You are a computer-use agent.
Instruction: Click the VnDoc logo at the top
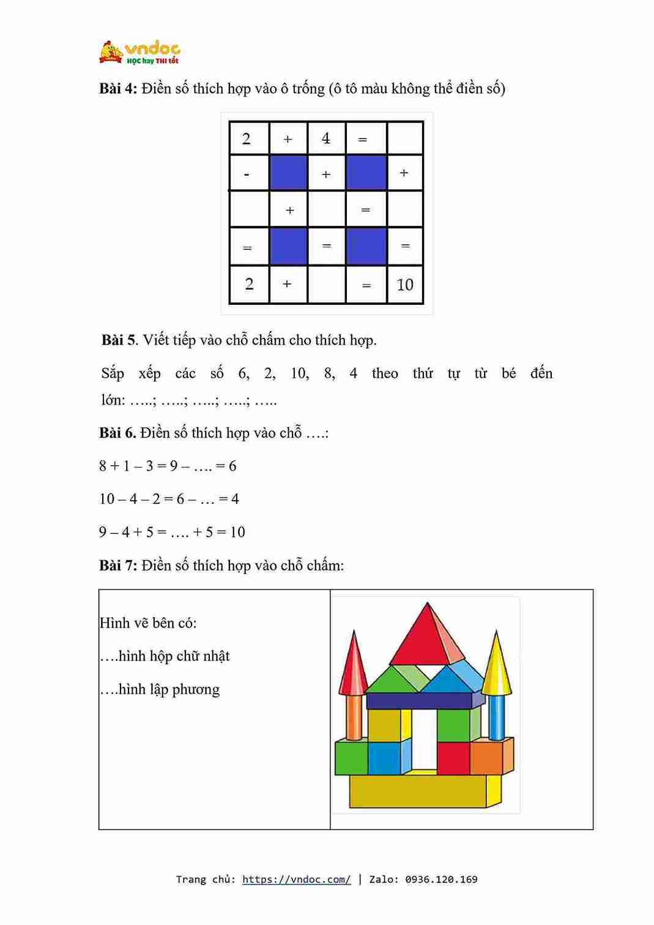[139, 53]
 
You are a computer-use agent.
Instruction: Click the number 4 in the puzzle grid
[326, 138]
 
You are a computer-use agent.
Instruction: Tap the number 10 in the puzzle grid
[405, 285]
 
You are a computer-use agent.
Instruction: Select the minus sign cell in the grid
[247, 174]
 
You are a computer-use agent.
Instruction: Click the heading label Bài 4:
[118, 89]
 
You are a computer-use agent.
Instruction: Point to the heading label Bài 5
[119, 340]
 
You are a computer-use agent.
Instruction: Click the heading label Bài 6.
[117, 433]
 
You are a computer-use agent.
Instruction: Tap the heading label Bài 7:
[118, 566]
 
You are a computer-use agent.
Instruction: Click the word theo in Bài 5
[385, 373]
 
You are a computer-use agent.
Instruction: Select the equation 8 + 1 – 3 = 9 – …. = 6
[168, 466]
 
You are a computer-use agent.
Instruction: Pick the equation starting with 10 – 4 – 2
[169, 500]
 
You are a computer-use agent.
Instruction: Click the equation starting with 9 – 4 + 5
[172, 533]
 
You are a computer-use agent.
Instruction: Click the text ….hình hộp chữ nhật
[165, 656]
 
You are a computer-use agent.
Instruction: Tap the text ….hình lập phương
[160, 689]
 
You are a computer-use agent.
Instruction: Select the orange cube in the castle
[487, 757]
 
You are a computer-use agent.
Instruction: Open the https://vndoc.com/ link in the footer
[296, 880]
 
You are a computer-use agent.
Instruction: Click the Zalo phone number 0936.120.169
[441, 880]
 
